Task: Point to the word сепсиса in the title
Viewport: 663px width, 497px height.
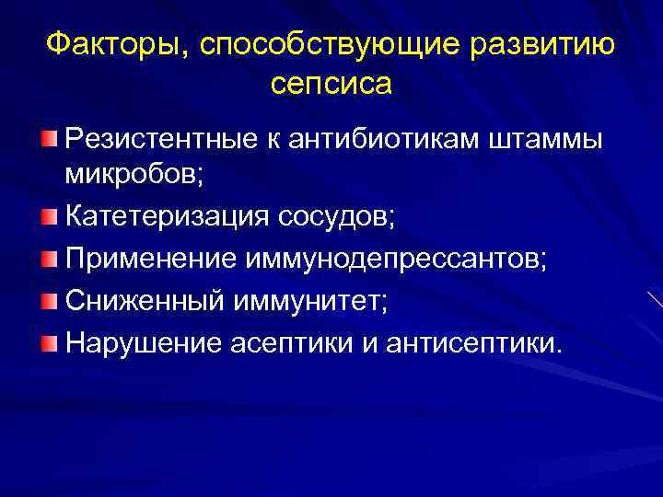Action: click(x=331, y=84)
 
